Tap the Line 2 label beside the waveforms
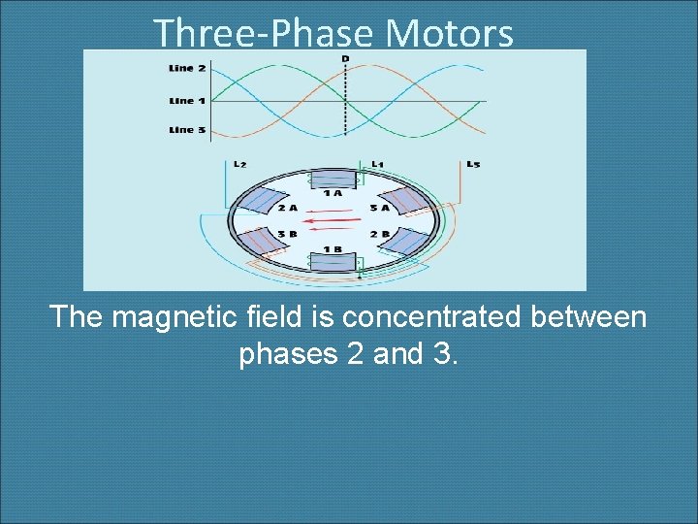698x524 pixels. [187, 68]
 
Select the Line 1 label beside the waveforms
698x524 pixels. [187, 100]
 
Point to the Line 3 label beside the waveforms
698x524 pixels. [187, 130]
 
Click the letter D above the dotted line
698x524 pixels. [345, 59]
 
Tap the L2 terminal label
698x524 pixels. [239, 164]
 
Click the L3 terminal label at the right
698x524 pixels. [472, 164]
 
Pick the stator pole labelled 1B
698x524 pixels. [333, 263]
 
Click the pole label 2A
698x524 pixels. [287, 207]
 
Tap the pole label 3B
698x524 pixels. [286, 234]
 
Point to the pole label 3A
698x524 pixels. [378, 207]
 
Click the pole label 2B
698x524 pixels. [378, 234]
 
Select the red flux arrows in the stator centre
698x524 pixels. [333, 220]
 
